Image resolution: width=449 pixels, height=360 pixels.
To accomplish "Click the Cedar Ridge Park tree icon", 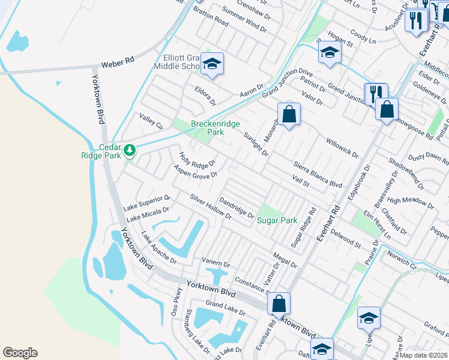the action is [129, 149].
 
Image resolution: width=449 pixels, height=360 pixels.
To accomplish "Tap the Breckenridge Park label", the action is [215, 128].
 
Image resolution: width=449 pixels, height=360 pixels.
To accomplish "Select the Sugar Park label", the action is [277, 220].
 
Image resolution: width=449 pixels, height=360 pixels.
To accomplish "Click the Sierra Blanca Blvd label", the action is [317, 174].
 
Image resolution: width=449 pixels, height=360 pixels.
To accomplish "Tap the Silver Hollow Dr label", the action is [210, 206].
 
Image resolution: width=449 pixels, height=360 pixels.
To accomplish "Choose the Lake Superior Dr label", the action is [147, 203].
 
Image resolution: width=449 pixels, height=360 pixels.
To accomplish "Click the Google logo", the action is [20, 353].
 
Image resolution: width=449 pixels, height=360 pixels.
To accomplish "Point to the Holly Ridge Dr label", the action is [197, 160].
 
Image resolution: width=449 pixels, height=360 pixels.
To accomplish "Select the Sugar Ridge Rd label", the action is [303, 228].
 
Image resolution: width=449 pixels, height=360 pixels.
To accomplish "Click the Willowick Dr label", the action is [342, 148].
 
